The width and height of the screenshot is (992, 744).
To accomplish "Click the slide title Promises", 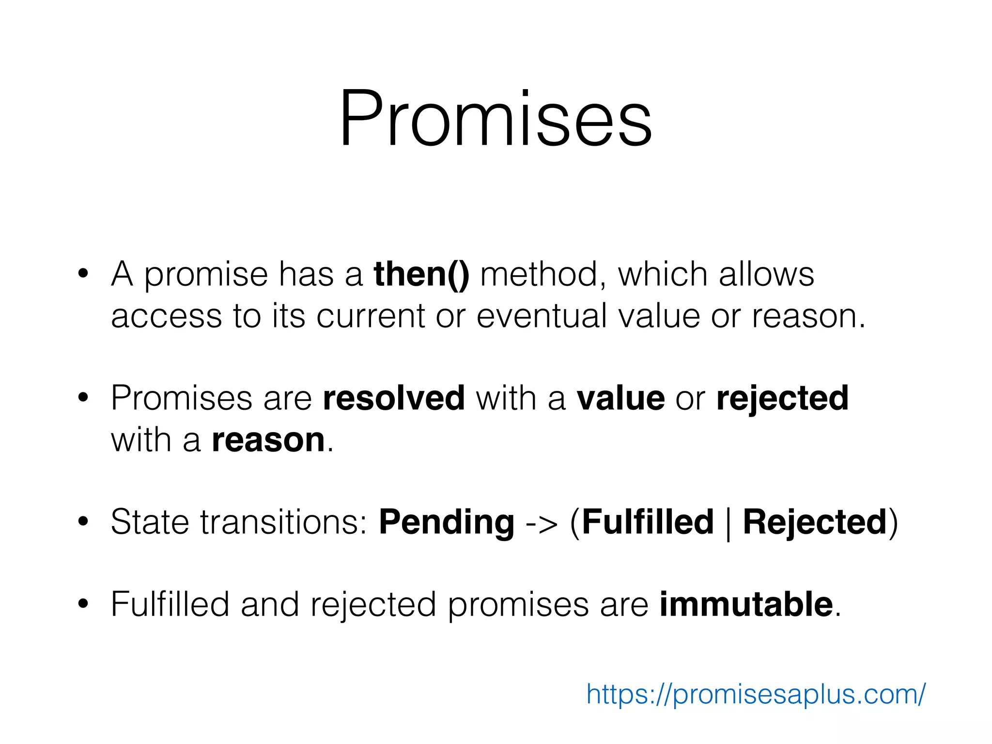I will click(x=496, y=119).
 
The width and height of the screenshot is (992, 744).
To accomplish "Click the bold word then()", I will click(x=421, y=275).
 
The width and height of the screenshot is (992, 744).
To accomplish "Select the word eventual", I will click(x=542, y=316).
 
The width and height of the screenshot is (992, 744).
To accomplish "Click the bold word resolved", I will click(x=394, y=398).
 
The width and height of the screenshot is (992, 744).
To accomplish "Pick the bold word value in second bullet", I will click(x=620, y=398).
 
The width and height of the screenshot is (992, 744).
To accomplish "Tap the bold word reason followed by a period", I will click(x=268, y=440).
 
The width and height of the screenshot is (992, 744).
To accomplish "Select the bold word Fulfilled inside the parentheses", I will click(x=648, y=522).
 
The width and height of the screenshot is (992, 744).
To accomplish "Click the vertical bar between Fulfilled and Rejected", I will click(x=728, y=523).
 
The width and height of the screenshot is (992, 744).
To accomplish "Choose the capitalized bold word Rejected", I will click(x=814, y=522).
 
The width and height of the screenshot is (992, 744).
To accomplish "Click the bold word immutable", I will click(x=746, y=604).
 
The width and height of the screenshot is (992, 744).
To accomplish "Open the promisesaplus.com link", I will click(x=756, y=695).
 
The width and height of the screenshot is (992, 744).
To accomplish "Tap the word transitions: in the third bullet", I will click(x=284, y=522).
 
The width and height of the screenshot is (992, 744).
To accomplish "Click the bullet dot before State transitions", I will click(x=83, y=522).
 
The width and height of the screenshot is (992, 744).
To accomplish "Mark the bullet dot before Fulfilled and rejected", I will click(x=83, y=604).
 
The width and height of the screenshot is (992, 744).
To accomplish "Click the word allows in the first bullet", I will click(x=766, y=275).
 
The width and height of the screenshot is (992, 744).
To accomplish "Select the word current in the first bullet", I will click(x=370, y=316).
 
